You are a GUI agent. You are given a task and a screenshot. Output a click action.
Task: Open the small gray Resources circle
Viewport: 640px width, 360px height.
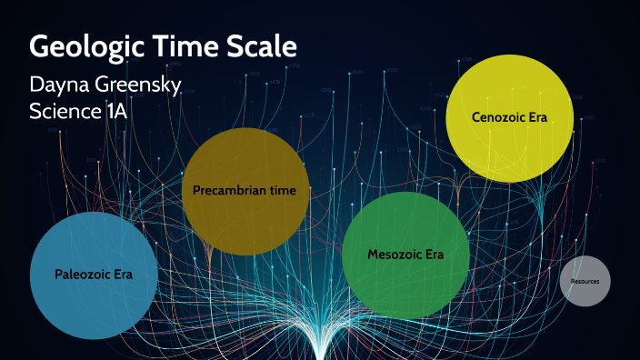point(585,282)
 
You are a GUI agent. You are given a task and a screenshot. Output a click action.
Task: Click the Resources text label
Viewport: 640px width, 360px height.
point(585,282)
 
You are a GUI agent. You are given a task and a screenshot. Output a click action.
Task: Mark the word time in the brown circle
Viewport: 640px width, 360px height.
point(294,191)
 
